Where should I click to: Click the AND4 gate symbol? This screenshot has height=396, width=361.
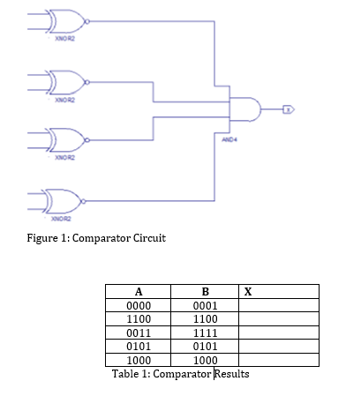[244, 108]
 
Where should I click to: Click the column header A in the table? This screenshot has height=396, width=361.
[138, 292]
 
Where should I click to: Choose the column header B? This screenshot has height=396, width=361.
[205, 292]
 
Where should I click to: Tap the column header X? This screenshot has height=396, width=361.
[247, 292]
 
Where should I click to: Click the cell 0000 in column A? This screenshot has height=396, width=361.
[138, 305]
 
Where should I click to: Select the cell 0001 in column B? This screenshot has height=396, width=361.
[205, 305]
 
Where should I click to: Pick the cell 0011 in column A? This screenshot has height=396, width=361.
[138, 332]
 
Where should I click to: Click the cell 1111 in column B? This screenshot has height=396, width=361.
[205, 332]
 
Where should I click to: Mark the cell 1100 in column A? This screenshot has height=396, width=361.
[138, 318]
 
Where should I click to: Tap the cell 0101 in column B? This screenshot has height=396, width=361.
[205, 346]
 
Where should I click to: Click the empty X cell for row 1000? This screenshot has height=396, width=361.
[278, 360]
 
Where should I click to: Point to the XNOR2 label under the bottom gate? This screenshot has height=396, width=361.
[61, 218]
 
